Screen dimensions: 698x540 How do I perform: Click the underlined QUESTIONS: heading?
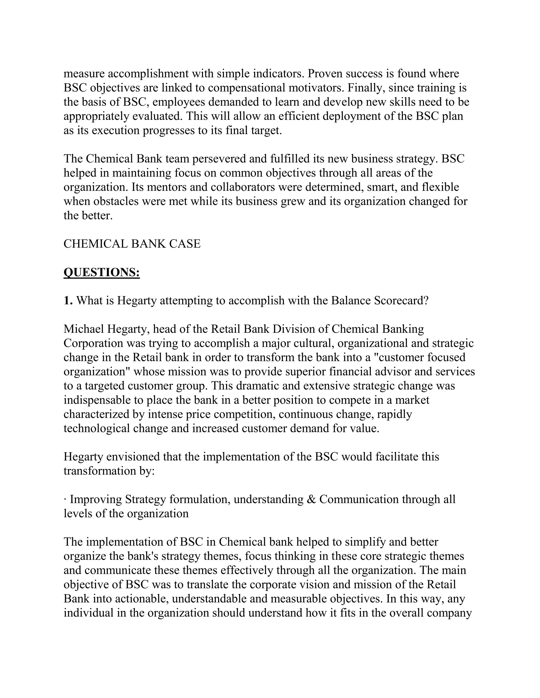coord(102,272)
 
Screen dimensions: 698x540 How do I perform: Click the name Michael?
coord(84,329)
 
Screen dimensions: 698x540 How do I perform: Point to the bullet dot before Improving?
coord(65,499)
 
